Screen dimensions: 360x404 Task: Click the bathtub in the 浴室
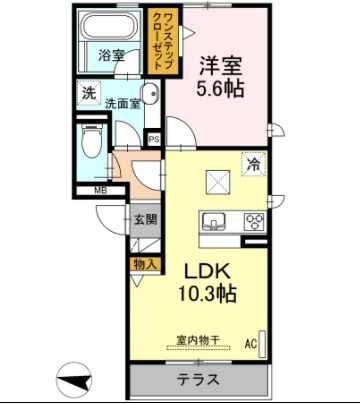[110, 27]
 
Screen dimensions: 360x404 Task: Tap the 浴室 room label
[111, 55]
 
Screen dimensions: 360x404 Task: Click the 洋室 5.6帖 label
[220, 77]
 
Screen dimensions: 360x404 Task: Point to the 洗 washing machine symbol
[89, 93]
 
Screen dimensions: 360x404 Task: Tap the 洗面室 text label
[122, 104]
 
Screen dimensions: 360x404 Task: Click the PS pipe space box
[154, 139]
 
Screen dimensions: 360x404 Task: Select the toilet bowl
[91, 141]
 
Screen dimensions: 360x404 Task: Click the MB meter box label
[100, 191]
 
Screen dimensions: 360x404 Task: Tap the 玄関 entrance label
[145, 220]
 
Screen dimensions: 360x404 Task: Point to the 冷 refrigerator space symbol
[254, 164]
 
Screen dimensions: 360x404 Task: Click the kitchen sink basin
[213, 222]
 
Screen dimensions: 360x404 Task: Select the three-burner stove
[255, 221]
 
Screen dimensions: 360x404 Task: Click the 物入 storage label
[145, 265]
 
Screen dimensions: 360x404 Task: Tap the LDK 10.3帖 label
[207, 283]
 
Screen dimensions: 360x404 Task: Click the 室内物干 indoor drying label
[198, 340]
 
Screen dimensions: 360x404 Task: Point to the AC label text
[251, 344]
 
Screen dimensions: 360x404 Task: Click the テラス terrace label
[198, 380]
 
